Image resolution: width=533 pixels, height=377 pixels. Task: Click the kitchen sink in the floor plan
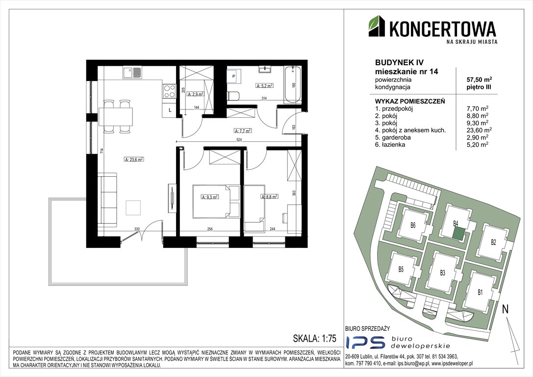130,73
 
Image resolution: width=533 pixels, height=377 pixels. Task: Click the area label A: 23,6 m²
133,159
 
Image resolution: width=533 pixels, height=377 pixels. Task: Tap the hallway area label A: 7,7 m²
243,131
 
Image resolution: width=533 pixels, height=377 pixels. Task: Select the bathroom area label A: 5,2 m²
264,85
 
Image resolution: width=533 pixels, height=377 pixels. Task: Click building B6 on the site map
413,226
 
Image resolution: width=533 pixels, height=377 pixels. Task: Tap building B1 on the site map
480,292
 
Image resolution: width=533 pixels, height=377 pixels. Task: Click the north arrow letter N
505,310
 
